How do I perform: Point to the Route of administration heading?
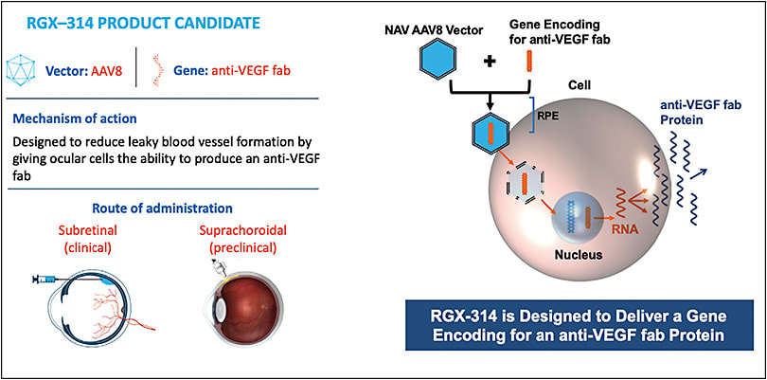point(181,208)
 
